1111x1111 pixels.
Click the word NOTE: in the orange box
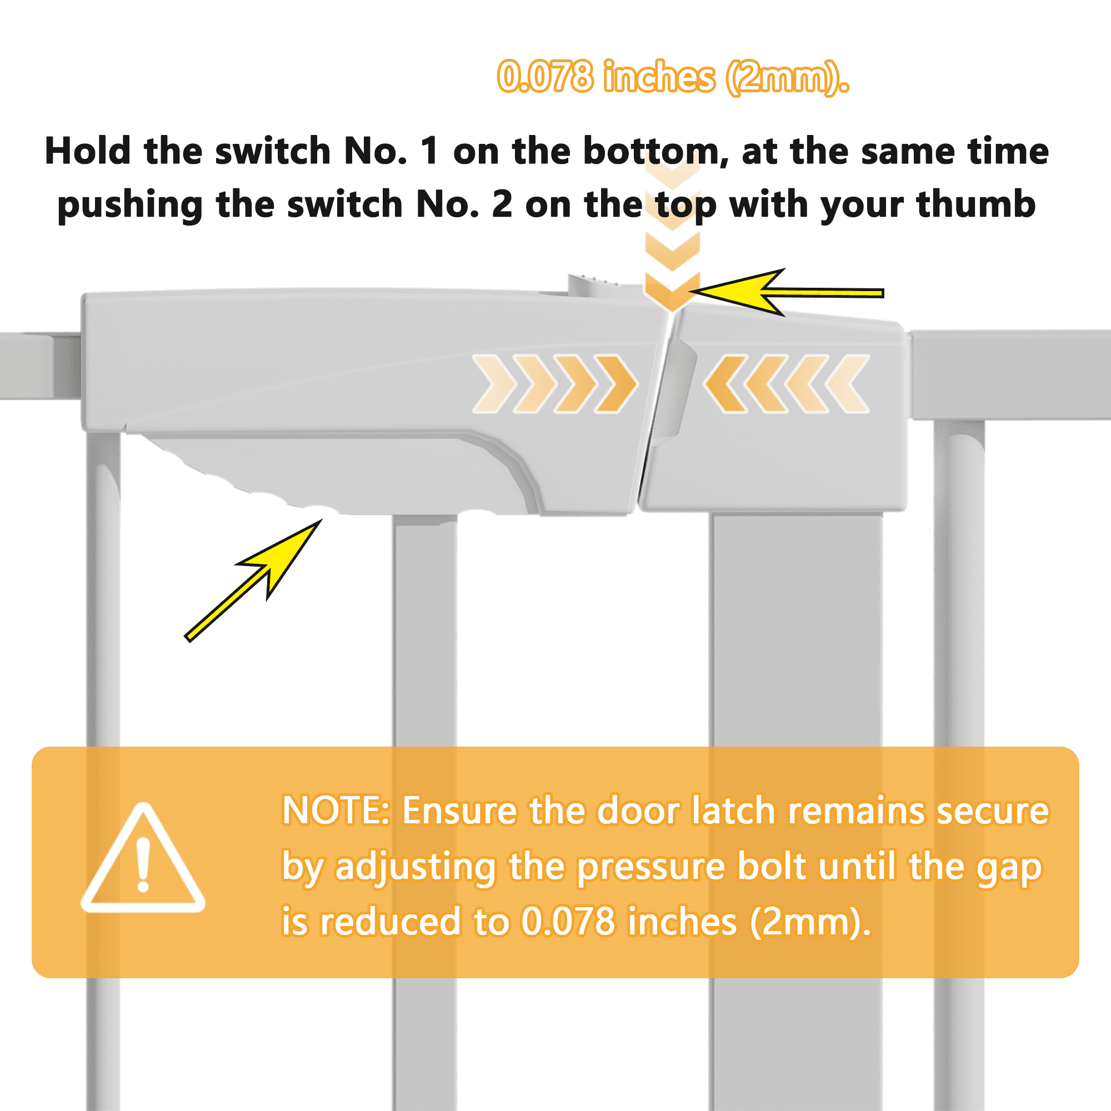click(337, 811)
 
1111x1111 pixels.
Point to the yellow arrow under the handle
click(253, 579)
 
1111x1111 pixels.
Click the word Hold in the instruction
click(87, 151)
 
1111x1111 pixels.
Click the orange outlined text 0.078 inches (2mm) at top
click(673, 77)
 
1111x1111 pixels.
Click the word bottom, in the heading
click(655, 151)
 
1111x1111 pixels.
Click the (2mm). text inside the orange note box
click(811, 922)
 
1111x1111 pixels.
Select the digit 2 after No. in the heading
click(502, 204)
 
